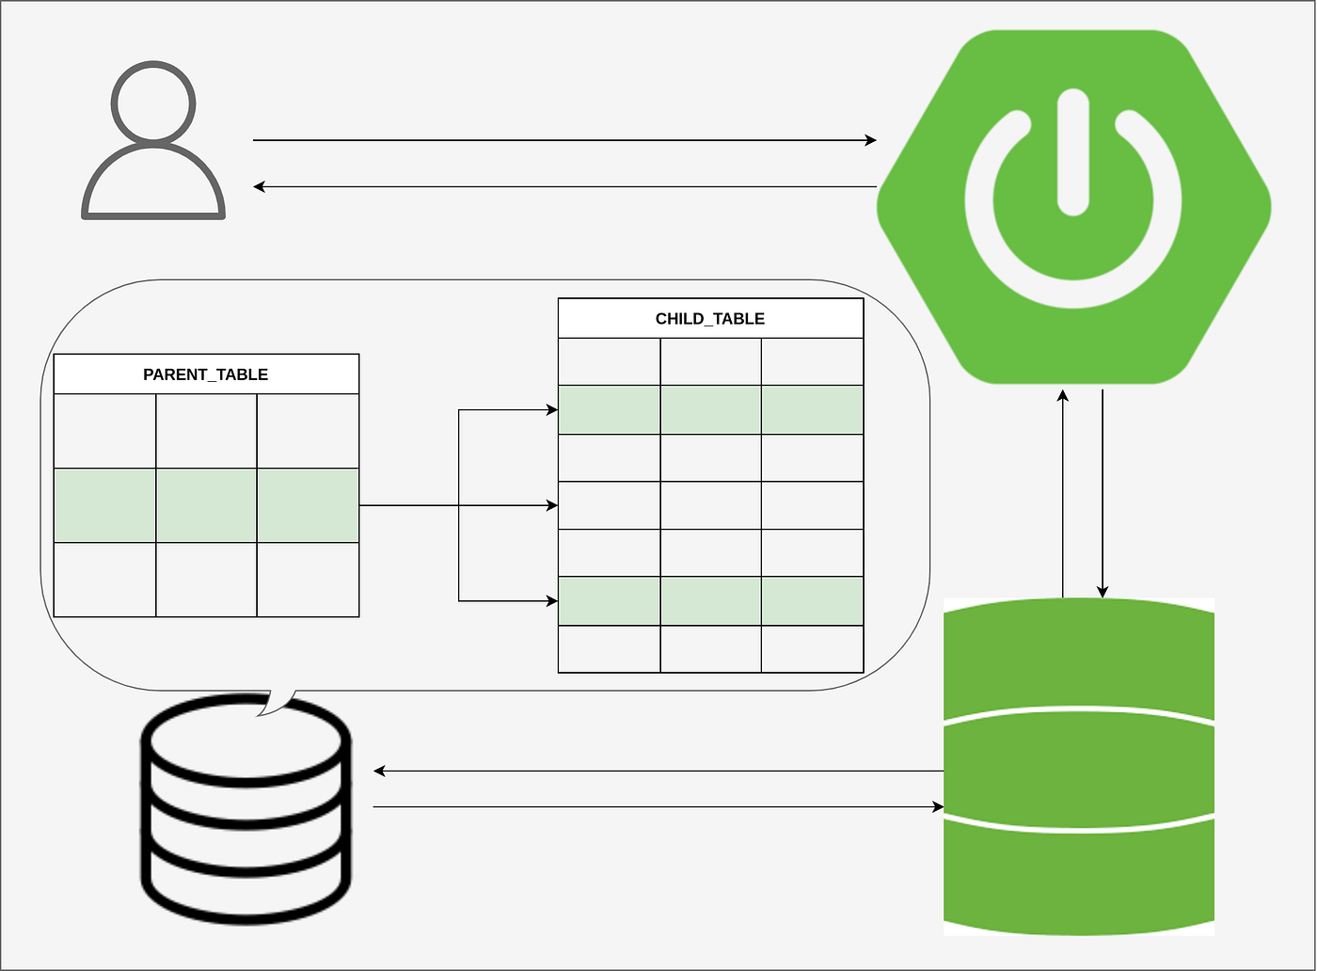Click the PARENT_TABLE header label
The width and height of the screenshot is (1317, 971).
[205, 374]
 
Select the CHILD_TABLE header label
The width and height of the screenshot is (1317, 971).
[710, 319]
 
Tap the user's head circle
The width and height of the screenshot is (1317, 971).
[153, 103]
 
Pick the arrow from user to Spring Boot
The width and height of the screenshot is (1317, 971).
[564, 140]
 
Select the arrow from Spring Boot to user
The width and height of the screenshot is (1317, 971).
[564, 186]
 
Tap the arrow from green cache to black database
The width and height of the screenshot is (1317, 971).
[658, 772]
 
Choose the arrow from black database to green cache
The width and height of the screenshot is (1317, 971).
[658, 806]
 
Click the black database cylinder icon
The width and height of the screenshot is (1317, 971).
[246, 809]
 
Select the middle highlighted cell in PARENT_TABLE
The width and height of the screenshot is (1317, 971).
[206, 505]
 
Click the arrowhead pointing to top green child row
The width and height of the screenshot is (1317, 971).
[552, 410]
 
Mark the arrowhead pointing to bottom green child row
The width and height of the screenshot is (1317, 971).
[552, 600]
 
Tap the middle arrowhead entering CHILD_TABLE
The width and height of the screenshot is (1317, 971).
[552, 505]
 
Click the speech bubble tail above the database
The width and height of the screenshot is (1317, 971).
[277, 702]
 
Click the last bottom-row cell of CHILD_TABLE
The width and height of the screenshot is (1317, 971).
[812, 648]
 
